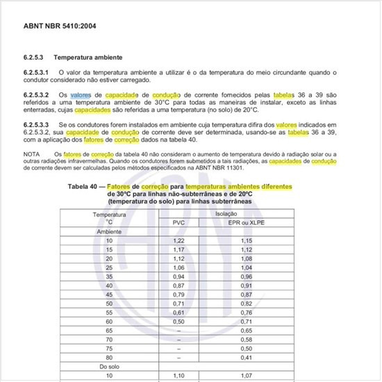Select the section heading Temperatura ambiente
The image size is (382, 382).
coord(89,58)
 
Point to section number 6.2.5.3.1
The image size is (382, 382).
coord(37,72)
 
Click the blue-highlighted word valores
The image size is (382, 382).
coord(80,94)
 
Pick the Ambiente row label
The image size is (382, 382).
coord(109,230)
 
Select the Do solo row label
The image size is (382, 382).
coord(109,365)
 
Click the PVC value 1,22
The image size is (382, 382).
coord(178,240)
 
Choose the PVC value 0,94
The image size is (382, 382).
coord(178,276)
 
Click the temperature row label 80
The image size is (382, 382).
coord(109,356)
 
